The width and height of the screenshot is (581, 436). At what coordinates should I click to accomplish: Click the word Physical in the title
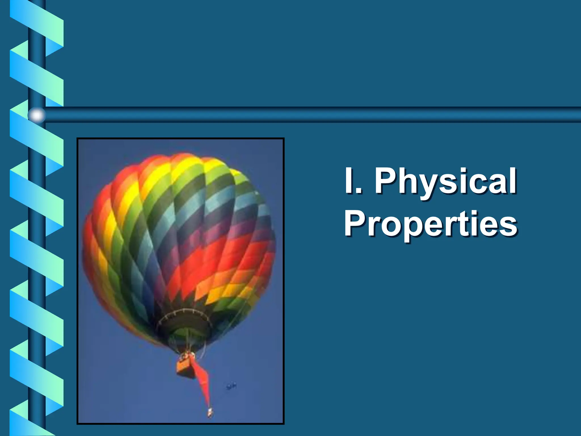click(x=445, y=182)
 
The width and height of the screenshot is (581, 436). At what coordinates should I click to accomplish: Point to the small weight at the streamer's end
click(x=210, y=412)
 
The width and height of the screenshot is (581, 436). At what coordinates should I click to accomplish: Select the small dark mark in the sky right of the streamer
click(x=231, y=387)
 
